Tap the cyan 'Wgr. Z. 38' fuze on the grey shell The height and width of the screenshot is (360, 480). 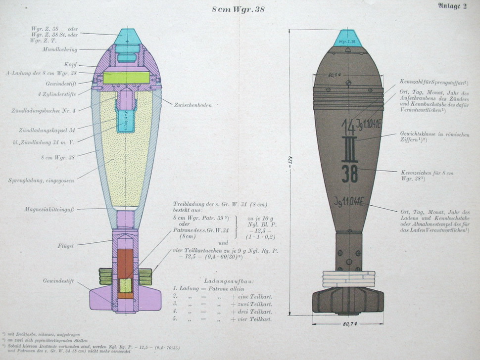(x=348, y=40)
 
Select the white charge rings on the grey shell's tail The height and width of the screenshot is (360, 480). (x=348, y=279)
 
